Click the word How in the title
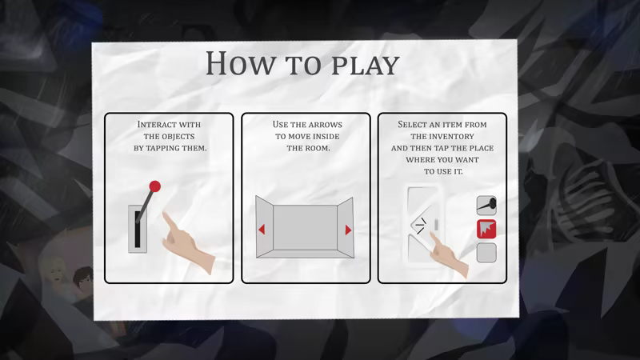click(240, 63)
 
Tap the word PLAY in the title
click(365, 66)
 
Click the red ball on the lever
click(154, 186)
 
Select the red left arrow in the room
click(262, 230)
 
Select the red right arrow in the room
click(348, 230)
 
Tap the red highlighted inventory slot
click(486, 229)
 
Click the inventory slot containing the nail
click(486, 206)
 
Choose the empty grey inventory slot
click(486, 253)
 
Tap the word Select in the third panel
click(413, 125)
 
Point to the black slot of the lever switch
click(138, 230)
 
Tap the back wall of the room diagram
click(306, 227)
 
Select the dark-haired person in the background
click(84, 282)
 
